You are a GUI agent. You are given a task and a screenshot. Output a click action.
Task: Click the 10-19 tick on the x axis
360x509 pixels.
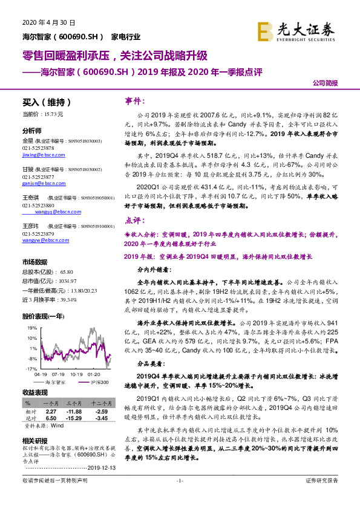tap(76, 374)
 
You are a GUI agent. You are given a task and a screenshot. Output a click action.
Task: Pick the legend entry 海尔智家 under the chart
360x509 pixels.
tap(56, 382)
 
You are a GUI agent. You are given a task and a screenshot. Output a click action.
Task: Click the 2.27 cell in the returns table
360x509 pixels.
tap(51, 411)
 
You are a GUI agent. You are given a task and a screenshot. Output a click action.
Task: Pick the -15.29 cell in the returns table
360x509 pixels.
tap(74, 418)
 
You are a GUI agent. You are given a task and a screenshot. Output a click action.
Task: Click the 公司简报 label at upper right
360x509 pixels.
tap(324, 84)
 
